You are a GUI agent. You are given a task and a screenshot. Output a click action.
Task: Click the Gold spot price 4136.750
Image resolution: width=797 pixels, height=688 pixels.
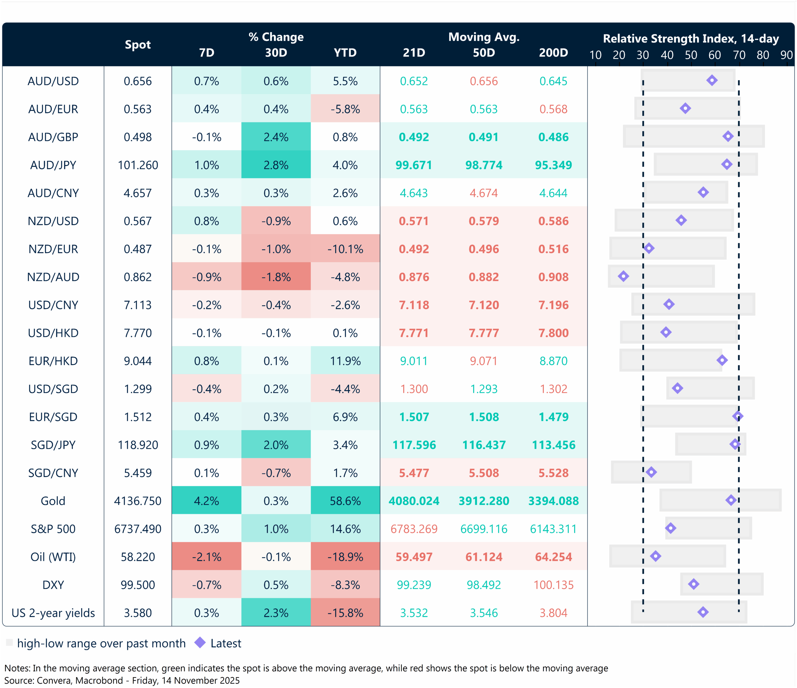coord(138,501)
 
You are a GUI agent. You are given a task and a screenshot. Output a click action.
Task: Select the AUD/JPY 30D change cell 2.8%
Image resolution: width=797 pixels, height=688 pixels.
coord(276,165)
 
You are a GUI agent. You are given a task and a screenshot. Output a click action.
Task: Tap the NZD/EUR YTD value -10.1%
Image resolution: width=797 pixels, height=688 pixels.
coord(345,249)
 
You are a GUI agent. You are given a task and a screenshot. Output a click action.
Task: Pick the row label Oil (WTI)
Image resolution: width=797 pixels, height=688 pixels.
coord(53,557)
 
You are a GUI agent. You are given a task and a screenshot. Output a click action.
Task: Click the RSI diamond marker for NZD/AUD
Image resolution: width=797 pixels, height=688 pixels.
coord(623,276)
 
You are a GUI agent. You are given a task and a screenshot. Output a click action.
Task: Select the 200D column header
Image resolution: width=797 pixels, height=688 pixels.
coord(553,53)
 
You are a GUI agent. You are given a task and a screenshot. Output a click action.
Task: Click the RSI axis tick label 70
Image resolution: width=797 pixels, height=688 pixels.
coord(739,55)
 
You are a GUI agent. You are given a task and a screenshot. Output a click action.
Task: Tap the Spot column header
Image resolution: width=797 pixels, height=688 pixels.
coord(138,45)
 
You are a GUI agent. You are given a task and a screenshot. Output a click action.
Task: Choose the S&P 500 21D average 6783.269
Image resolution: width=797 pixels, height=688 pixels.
coord(414,529)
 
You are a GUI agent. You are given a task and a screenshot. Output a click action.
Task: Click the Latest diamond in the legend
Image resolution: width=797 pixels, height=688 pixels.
coord(200,643)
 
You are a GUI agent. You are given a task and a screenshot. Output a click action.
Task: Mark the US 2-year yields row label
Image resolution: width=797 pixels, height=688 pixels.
coord(53,613)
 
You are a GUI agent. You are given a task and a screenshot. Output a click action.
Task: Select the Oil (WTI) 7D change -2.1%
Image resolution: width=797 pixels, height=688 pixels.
coord(206,557)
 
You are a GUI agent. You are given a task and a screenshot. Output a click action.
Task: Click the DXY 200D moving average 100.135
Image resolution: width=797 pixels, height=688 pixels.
coord(553,585)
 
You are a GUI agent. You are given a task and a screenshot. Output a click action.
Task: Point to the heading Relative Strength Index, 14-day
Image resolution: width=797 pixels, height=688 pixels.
coord(691,39)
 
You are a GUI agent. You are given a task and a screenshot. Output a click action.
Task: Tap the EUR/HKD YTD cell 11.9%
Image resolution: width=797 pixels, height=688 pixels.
coord(345,361)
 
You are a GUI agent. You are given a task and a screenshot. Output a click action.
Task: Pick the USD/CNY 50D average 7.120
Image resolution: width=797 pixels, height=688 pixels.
coord(483,305)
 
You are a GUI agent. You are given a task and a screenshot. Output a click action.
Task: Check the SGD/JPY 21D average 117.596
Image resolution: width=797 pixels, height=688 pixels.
coord(414,445)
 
